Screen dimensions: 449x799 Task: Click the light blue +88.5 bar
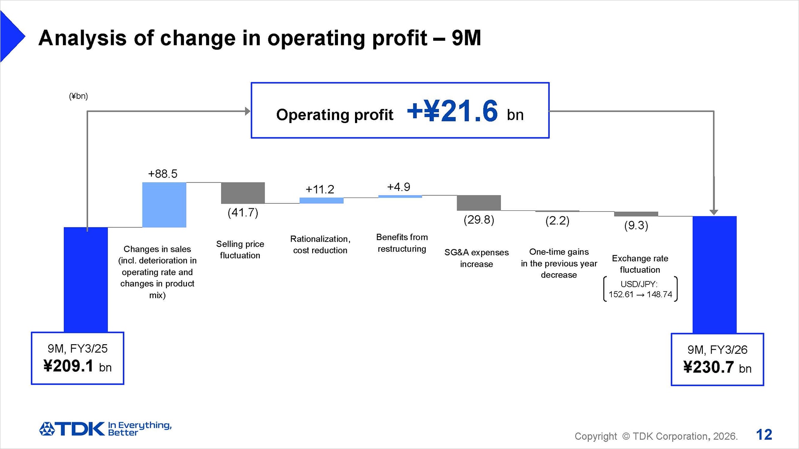(x=164, y=205)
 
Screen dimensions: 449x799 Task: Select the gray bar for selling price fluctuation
(x=243, y=193)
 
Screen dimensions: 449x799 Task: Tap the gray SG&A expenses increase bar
(x=479, y=202)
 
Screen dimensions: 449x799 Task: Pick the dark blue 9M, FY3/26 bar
(x=714, y=274)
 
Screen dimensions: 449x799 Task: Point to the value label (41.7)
(x=243, y=213)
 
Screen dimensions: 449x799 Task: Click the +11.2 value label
(x=320, y=190)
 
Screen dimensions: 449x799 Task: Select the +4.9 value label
(x=399, y=187)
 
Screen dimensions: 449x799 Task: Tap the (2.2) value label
(x=557, y=221)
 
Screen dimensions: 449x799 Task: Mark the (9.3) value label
(x=636, y=226)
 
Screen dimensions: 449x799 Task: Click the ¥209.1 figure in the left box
(x=69, y=366)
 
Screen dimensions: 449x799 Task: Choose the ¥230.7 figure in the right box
(x=709, y=368)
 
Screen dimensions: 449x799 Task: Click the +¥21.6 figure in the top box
(x=452, y=111)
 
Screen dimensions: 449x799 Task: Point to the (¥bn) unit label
(x=78, y=96)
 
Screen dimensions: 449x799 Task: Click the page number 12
(x=764, y=435)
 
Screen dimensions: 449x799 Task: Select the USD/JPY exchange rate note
(x=640, y=289)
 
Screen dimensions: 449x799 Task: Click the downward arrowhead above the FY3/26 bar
(x=714, y=212)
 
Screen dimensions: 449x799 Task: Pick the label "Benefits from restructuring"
(x=402, y=243)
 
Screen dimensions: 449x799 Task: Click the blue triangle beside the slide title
(x=12, y=37)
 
